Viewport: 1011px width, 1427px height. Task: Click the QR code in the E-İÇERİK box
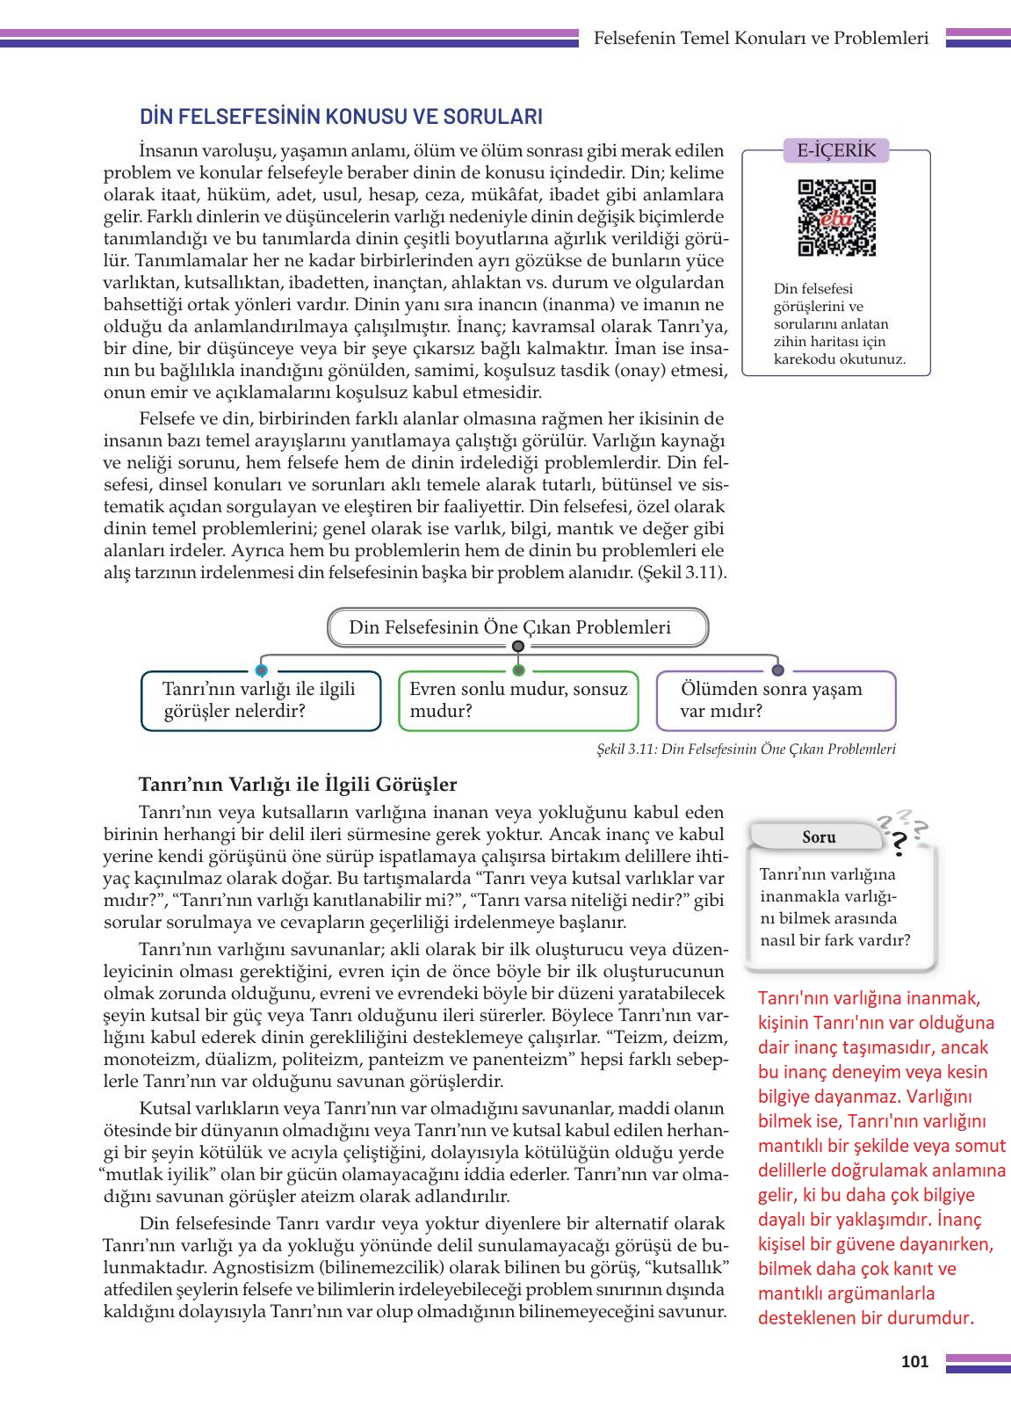(x=836, y=217)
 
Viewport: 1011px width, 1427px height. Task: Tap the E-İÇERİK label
(x=836, y=150)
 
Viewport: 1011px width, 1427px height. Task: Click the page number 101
(x=914, y=1362)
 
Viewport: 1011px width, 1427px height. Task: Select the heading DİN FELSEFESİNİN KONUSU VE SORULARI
(x=341, y=117)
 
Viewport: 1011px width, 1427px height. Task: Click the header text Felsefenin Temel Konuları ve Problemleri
(x=761, y=39)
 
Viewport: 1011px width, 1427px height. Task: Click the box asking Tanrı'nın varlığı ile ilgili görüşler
(x=261, y=700)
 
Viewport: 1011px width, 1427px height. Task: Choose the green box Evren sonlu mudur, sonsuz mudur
(x=518, y=700)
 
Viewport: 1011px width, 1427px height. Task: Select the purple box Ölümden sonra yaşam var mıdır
(x=776, y=700)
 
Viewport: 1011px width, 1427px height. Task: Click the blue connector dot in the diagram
(x=261, y=670)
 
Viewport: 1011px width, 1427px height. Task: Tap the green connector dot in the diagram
(x=518, y=670)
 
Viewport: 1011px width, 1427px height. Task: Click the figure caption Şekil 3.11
(x=745, y=750)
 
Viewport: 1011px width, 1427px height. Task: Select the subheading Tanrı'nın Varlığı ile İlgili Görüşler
(x=298, y=784)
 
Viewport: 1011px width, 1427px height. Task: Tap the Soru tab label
(x=819, y=837)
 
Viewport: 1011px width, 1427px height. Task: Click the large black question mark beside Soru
(x=899, y=845)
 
